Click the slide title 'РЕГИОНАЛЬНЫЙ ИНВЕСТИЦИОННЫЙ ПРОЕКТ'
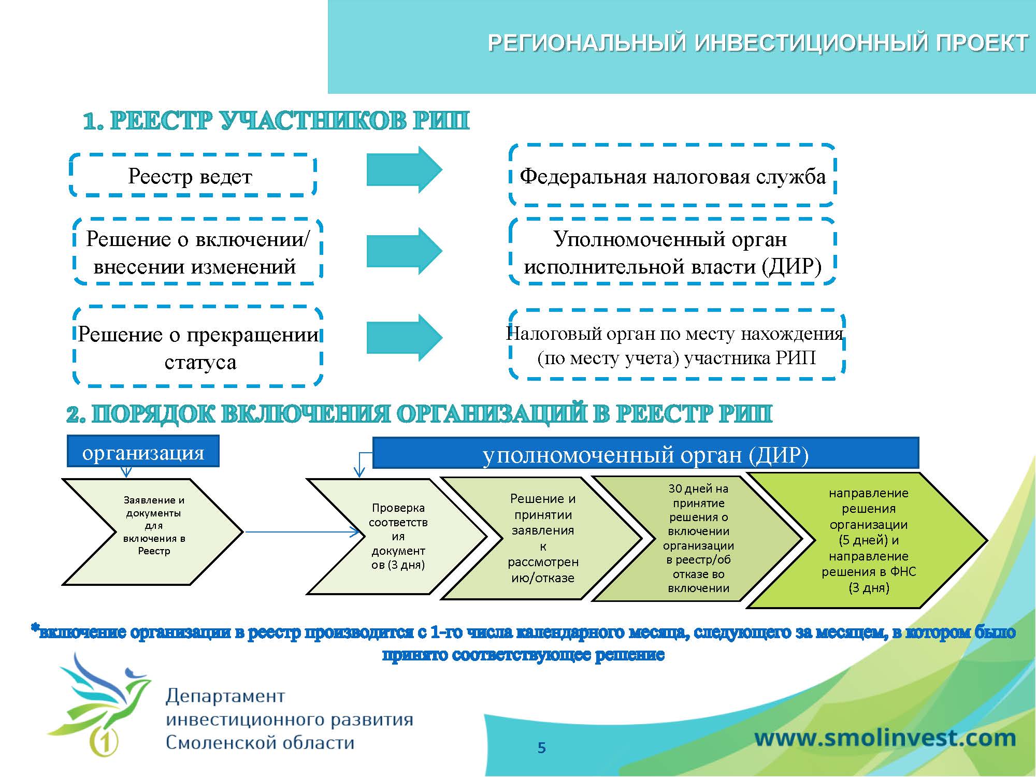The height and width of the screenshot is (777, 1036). point(757,43)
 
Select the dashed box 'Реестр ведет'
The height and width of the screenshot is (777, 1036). point(193,176)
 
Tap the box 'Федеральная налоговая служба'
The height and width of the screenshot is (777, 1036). point(672,176)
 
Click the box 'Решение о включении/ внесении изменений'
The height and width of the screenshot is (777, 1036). point(197,252)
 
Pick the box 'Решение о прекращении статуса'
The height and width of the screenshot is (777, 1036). point(198,348)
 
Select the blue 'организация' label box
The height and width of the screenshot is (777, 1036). point(143,452)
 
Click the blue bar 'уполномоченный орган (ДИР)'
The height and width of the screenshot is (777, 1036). point(645,454)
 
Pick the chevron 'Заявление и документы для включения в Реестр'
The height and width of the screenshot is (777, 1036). point(153,531)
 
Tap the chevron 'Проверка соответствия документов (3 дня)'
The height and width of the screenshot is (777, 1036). point(398,537)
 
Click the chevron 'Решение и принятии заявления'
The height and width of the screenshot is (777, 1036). point(543,538)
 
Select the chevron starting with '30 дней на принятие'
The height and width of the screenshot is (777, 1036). point(698,538)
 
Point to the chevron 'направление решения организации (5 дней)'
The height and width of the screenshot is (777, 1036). point(868,540)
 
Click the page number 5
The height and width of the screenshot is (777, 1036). point(542,747)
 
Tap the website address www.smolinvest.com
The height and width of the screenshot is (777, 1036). point(885,738)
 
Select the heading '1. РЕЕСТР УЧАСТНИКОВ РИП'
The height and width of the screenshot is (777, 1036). point(276,121)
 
